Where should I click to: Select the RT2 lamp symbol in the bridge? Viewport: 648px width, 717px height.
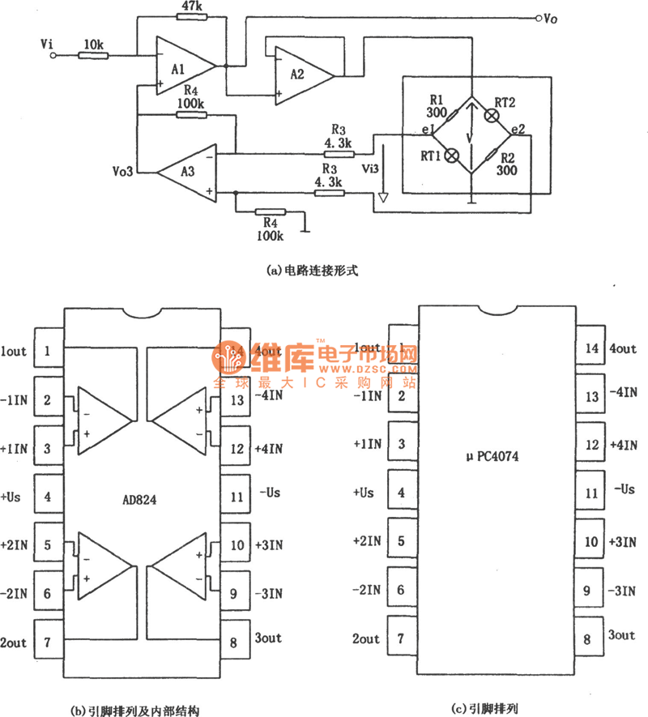tap(491, 116)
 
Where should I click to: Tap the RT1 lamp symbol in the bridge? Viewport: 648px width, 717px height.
tap(454, 154)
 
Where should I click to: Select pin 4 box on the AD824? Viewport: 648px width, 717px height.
tap(49, 495)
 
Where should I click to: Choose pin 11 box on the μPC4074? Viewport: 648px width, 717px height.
tap(592, 492)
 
